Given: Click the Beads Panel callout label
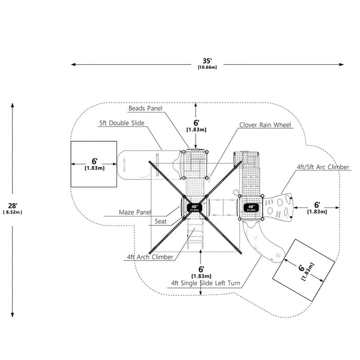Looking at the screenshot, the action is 145,109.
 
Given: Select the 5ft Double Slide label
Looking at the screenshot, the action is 122,123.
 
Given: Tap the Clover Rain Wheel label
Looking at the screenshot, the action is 265,125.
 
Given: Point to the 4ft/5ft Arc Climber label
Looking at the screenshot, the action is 322,167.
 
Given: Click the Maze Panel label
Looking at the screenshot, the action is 135,212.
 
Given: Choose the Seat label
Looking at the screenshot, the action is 160,221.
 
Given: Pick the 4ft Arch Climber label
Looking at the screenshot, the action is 150,257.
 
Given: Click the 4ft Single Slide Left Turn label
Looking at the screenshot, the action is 206,283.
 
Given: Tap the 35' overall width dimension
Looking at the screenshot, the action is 207,61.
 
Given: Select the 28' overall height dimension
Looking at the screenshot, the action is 13,206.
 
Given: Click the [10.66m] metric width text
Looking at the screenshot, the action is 207,67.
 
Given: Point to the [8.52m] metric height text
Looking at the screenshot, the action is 13,212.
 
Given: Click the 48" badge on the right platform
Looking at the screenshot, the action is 251,208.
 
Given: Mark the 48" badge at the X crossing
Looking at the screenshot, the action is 194,208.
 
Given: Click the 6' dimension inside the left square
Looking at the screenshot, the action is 94,161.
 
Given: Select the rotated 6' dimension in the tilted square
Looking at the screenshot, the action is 301,268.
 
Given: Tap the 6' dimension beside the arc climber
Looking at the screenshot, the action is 317,205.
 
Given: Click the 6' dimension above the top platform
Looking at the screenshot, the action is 196,123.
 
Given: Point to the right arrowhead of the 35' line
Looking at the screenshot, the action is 341,64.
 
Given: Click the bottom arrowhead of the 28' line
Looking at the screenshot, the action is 13,315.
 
